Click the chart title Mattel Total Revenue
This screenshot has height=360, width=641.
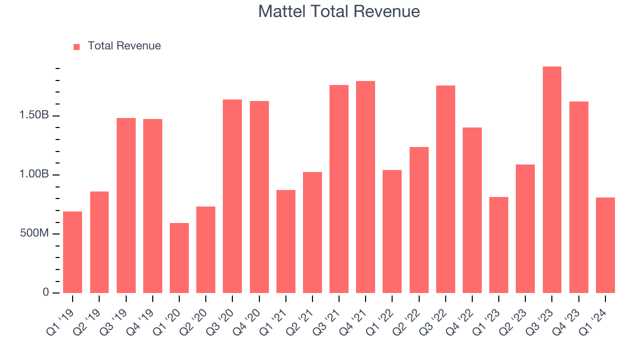(339, 11)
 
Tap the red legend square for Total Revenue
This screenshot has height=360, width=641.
(77, 46)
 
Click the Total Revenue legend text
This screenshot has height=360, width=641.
(124, 46)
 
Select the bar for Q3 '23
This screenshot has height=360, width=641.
(552, 180)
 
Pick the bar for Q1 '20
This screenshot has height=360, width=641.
(179, 258)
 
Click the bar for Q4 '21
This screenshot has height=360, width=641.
(366, 187)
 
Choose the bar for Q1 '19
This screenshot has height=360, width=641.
(73, 252)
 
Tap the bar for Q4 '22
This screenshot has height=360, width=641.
(472, 210)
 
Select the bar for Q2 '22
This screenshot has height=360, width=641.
(419, 220)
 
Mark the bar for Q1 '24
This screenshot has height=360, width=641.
(605, 245)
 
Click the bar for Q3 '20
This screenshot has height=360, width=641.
(232, 196)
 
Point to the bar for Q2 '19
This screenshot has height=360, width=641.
(99, 242)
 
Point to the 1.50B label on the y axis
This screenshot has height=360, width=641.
(34, 115)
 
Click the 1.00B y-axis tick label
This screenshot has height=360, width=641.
(34, 174)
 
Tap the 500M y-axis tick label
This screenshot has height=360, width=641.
(34, 233)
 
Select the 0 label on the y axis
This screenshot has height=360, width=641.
(46, 292)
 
